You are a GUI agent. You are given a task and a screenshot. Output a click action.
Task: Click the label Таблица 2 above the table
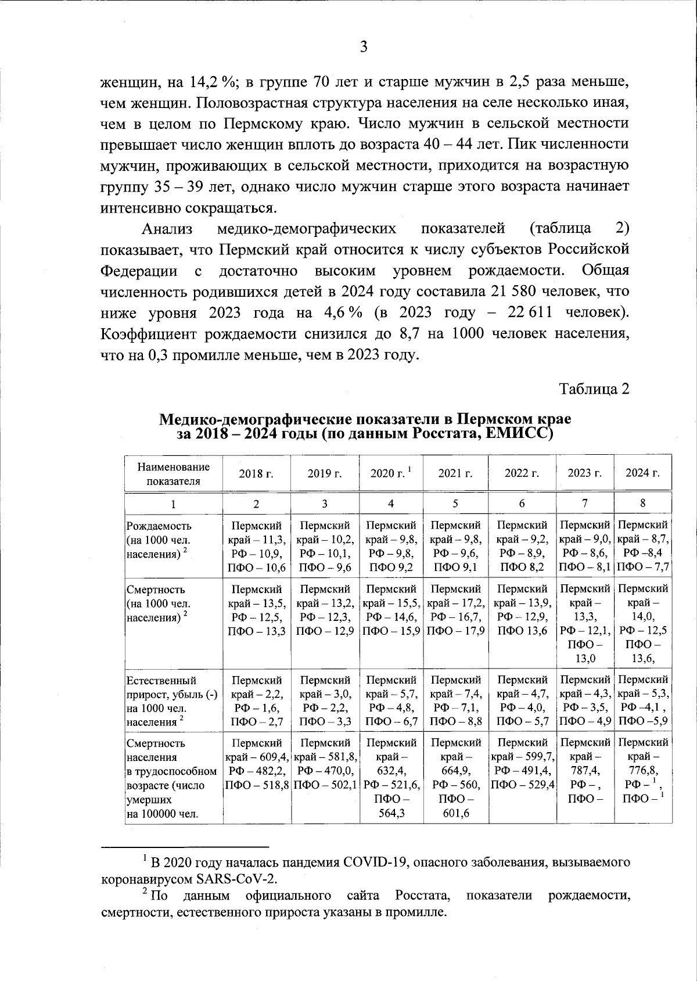coord(594,389)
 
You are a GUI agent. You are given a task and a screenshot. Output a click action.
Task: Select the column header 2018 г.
coord(256,473)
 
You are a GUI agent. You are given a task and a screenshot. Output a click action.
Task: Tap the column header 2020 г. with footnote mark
coord(391,473)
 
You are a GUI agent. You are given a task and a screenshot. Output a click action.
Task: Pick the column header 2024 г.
coord(642,473)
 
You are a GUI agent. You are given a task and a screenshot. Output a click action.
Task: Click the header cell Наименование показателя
coord(174,474)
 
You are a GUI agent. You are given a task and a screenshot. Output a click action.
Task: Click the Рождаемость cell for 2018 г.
coord(256,547)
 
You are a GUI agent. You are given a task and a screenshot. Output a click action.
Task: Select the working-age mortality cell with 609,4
coord(256,764)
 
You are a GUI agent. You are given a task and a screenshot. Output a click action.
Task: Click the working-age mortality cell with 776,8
coord(642,771)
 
